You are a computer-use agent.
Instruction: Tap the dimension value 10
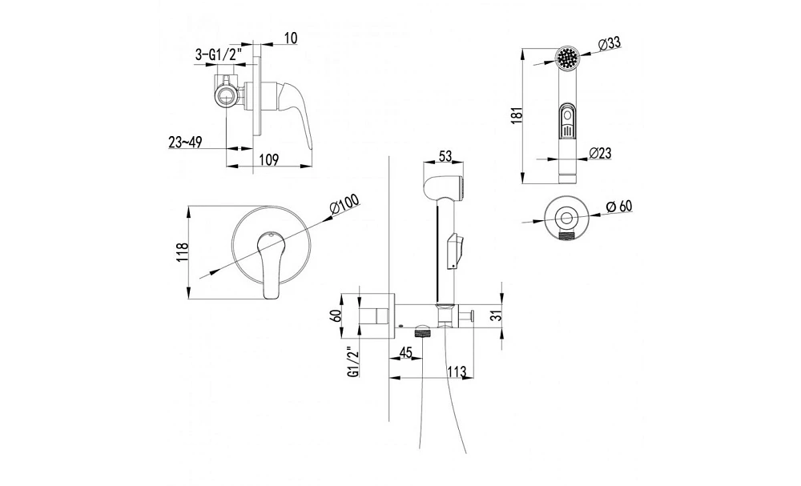point(291,38)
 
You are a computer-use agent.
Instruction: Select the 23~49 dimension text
point(185,143)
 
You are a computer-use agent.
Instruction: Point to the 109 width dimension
point(268,160)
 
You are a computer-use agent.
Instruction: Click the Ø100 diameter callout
point(344,206)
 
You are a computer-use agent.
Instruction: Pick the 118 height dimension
point(183,253)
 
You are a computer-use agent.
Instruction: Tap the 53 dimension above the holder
point(445,156)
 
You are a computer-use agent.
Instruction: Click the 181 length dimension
point(517,115)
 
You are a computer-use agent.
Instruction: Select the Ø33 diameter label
point(607,44)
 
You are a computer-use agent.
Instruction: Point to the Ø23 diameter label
point(600,153)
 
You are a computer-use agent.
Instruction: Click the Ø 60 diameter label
point(618,207)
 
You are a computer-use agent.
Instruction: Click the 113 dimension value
point(457,372)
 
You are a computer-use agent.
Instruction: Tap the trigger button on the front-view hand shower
point(566,122)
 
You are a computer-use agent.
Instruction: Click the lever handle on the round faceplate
point(270,264)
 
